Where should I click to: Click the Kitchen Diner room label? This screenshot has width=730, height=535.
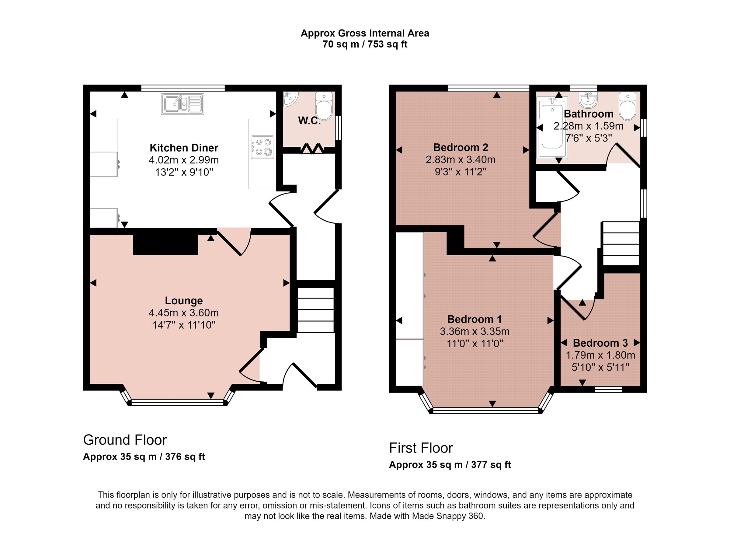[184, 148]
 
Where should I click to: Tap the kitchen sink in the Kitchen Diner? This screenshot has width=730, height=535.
[182, 104]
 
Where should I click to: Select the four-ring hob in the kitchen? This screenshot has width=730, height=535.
[262, 147]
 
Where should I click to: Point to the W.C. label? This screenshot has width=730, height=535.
[309, 121]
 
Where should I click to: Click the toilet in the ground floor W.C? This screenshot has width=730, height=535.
[324, 106]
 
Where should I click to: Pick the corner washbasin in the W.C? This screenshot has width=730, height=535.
[290, 99]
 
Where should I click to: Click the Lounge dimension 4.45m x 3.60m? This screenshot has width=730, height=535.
[184, 313]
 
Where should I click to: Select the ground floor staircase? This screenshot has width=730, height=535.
[316, 310]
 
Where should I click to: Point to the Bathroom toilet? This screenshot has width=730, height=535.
[627, 106]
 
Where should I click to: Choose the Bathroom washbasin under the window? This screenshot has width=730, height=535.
[588, 100]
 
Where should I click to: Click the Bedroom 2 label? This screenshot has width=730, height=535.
[461, 148]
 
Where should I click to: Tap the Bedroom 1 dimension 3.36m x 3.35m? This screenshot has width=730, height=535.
[474, 332]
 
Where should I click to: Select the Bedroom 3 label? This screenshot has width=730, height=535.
[600, 343]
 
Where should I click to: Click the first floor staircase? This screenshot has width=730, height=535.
[620, 243]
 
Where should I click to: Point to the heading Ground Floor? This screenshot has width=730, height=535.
[125, 440]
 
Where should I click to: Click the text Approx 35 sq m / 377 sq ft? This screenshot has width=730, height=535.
[450, 465]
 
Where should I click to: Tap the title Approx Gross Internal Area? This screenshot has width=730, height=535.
[365, 33]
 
